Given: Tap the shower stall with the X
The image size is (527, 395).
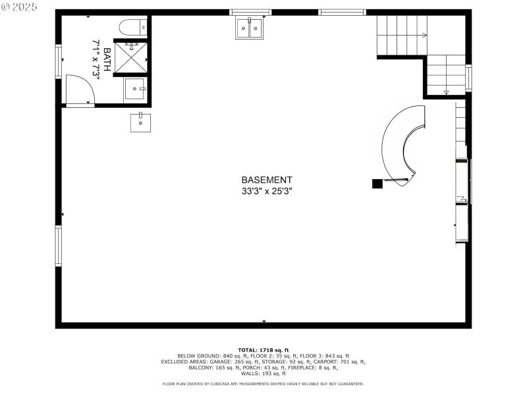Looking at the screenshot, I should tap(130, 57).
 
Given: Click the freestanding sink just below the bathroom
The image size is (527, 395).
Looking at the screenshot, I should tap(141, 122).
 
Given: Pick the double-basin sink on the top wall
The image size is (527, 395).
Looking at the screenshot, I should tap(249, 28).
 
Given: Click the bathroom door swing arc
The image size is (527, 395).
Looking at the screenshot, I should tap(80, 90).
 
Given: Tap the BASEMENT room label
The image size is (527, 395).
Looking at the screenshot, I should tap(267, 180).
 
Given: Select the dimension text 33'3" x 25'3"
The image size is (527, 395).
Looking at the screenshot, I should tap(267, 191).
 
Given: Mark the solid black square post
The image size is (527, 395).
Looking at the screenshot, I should tap(377, 184).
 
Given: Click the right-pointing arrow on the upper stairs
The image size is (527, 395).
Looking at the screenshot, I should tap(424, 35).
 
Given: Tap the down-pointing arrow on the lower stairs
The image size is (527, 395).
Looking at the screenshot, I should tap(447, 92).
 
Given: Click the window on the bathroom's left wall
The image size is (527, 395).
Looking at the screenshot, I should tap(59, 61).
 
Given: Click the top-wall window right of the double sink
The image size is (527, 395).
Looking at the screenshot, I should tap(342, 12).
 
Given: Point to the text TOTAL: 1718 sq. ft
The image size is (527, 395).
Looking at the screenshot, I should tap(263, 350).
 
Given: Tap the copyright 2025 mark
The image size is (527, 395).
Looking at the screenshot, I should tap(20, 7).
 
